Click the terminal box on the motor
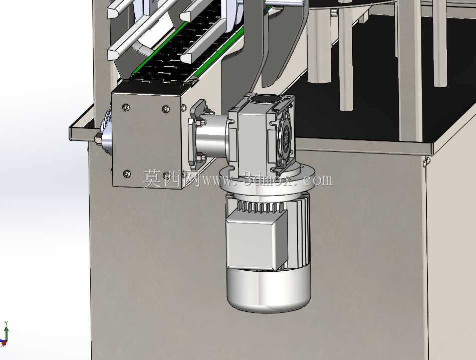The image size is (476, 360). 257,240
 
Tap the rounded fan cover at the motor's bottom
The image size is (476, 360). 269,289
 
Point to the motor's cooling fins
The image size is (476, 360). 261,207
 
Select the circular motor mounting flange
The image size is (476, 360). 267,183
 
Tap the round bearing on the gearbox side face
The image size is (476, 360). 286,137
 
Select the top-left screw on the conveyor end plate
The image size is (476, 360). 126,107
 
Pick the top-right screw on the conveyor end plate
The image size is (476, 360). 165,108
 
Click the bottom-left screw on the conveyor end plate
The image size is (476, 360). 127,174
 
